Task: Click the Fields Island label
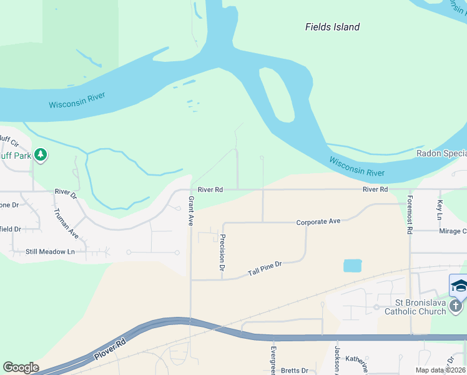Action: click(332, 27)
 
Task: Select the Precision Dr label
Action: click(222, 252)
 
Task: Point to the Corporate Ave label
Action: click(318, 222)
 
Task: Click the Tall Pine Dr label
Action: click(265, 269)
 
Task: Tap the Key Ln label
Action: click(440, 209)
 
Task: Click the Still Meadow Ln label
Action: click(50, 252)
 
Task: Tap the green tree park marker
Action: click(41, 154)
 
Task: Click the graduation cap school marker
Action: click(459, 286)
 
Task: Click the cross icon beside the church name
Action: click(456, 306)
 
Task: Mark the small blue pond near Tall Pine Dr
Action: click(352, 266)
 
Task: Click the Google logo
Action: click(21, 367)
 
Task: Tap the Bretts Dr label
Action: click(295, 371)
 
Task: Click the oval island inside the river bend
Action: click(277, 94)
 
